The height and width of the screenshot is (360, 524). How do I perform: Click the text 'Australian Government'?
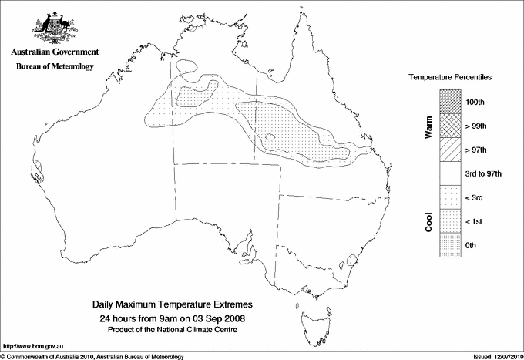tap(55, 52)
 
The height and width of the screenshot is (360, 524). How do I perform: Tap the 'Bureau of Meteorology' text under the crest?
tap(55, 66)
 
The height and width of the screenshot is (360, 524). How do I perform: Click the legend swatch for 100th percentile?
tap(450, 102)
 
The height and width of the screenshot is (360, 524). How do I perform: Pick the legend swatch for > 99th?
tap(450, 126)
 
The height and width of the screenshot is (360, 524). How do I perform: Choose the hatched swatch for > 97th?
tap(450, 150)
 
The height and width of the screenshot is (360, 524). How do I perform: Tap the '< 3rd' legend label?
tap(476, 198)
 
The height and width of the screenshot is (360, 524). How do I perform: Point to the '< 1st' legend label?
tap(476, 222)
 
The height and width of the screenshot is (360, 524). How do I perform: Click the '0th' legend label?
tap(472, 246)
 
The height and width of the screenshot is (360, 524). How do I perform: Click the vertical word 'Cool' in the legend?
tap(428, 221)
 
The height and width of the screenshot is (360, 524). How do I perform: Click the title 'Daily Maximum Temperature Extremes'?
tap(172, 305)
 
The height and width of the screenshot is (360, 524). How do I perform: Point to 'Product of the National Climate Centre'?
tap(172, 330)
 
